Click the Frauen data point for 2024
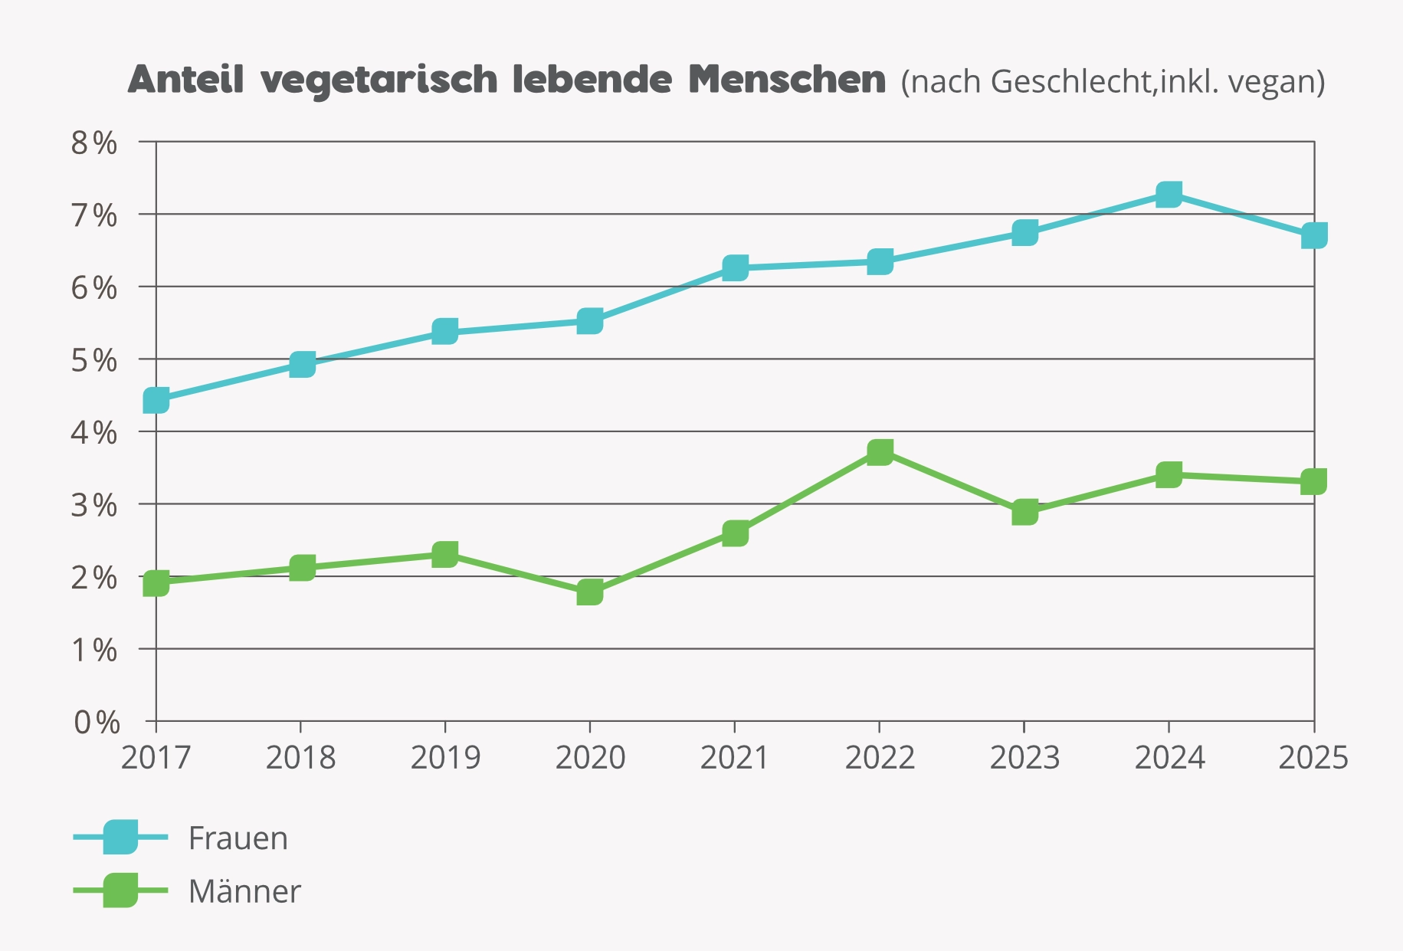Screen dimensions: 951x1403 click(1169, 195)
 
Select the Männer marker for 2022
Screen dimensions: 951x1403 click(880, 451)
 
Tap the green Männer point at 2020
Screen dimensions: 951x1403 click(589, 592)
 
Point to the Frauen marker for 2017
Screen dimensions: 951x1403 click(156, 400)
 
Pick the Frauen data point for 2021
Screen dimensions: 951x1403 click(735, 267)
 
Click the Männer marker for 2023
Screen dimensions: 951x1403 click(1024, 512)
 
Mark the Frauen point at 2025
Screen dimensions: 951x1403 click(1313, 235)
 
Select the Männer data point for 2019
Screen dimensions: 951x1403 click(445, 554)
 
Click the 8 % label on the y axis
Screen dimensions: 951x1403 click(94, 143)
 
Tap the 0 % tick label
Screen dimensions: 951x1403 click(97, 722)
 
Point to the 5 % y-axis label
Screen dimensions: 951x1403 click(94, 360)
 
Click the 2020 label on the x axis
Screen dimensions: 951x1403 click(590, 758)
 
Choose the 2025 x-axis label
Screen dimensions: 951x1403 click(1313, 758)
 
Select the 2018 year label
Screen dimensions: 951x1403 click(300, 758)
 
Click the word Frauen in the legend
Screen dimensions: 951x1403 click(238, 838)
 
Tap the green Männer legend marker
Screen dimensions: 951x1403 click(120, 890)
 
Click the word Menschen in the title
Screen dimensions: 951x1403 click(786, 80)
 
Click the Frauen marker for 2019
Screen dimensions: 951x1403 click(445, 332)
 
